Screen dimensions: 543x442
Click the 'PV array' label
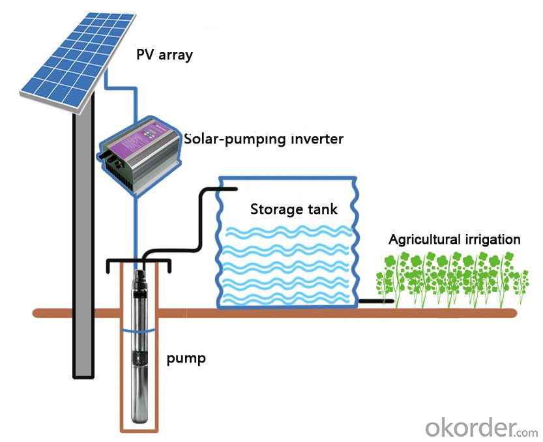point(164,55)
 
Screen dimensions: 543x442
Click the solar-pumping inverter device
point(139,156)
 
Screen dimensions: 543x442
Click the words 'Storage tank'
point(293,209)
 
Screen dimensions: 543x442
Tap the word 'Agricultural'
point(424,240)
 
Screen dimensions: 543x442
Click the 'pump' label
point(186,359)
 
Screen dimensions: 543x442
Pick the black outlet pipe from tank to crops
point(376,301)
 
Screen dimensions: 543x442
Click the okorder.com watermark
point(481,428)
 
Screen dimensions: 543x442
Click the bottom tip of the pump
point(140,422)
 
